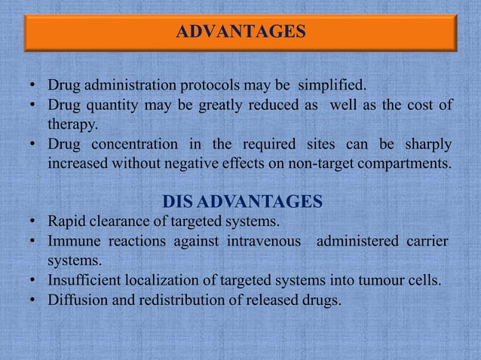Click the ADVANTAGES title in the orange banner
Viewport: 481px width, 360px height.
coord(240,32)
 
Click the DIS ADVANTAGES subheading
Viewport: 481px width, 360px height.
coord(243,201)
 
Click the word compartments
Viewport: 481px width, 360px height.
coord(405,163)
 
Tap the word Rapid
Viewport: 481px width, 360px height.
coord(66,222)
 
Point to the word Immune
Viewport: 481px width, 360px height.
coord(71,242)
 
